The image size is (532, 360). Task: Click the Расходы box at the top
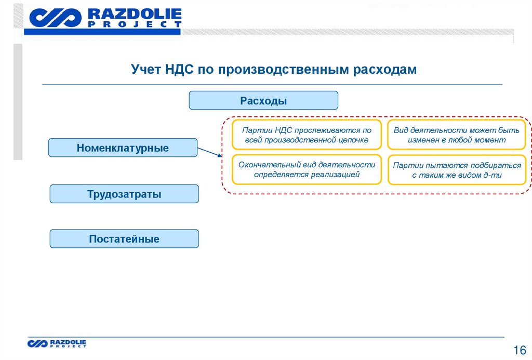click(263, 100)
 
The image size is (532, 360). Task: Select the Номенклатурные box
click(123, 148)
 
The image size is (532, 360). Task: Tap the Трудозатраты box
click(124, 194)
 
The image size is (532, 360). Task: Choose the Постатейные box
click(124, 239)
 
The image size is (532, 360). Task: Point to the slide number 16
click(520, 349)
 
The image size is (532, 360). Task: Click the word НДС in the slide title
click(179, 70)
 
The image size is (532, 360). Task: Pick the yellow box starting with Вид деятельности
click(457, 135)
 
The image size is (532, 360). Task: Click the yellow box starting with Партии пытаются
click(457, 170)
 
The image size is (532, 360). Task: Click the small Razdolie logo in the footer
click(37, 343)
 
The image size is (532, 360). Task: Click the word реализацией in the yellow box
click(336, 175)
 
